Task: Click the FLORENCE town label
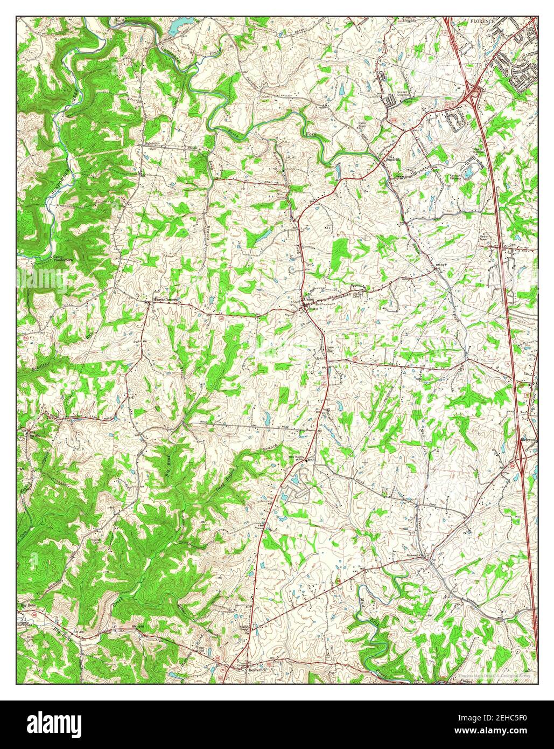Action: [482, 20]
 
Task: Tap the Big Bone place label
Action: [27, 605]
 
